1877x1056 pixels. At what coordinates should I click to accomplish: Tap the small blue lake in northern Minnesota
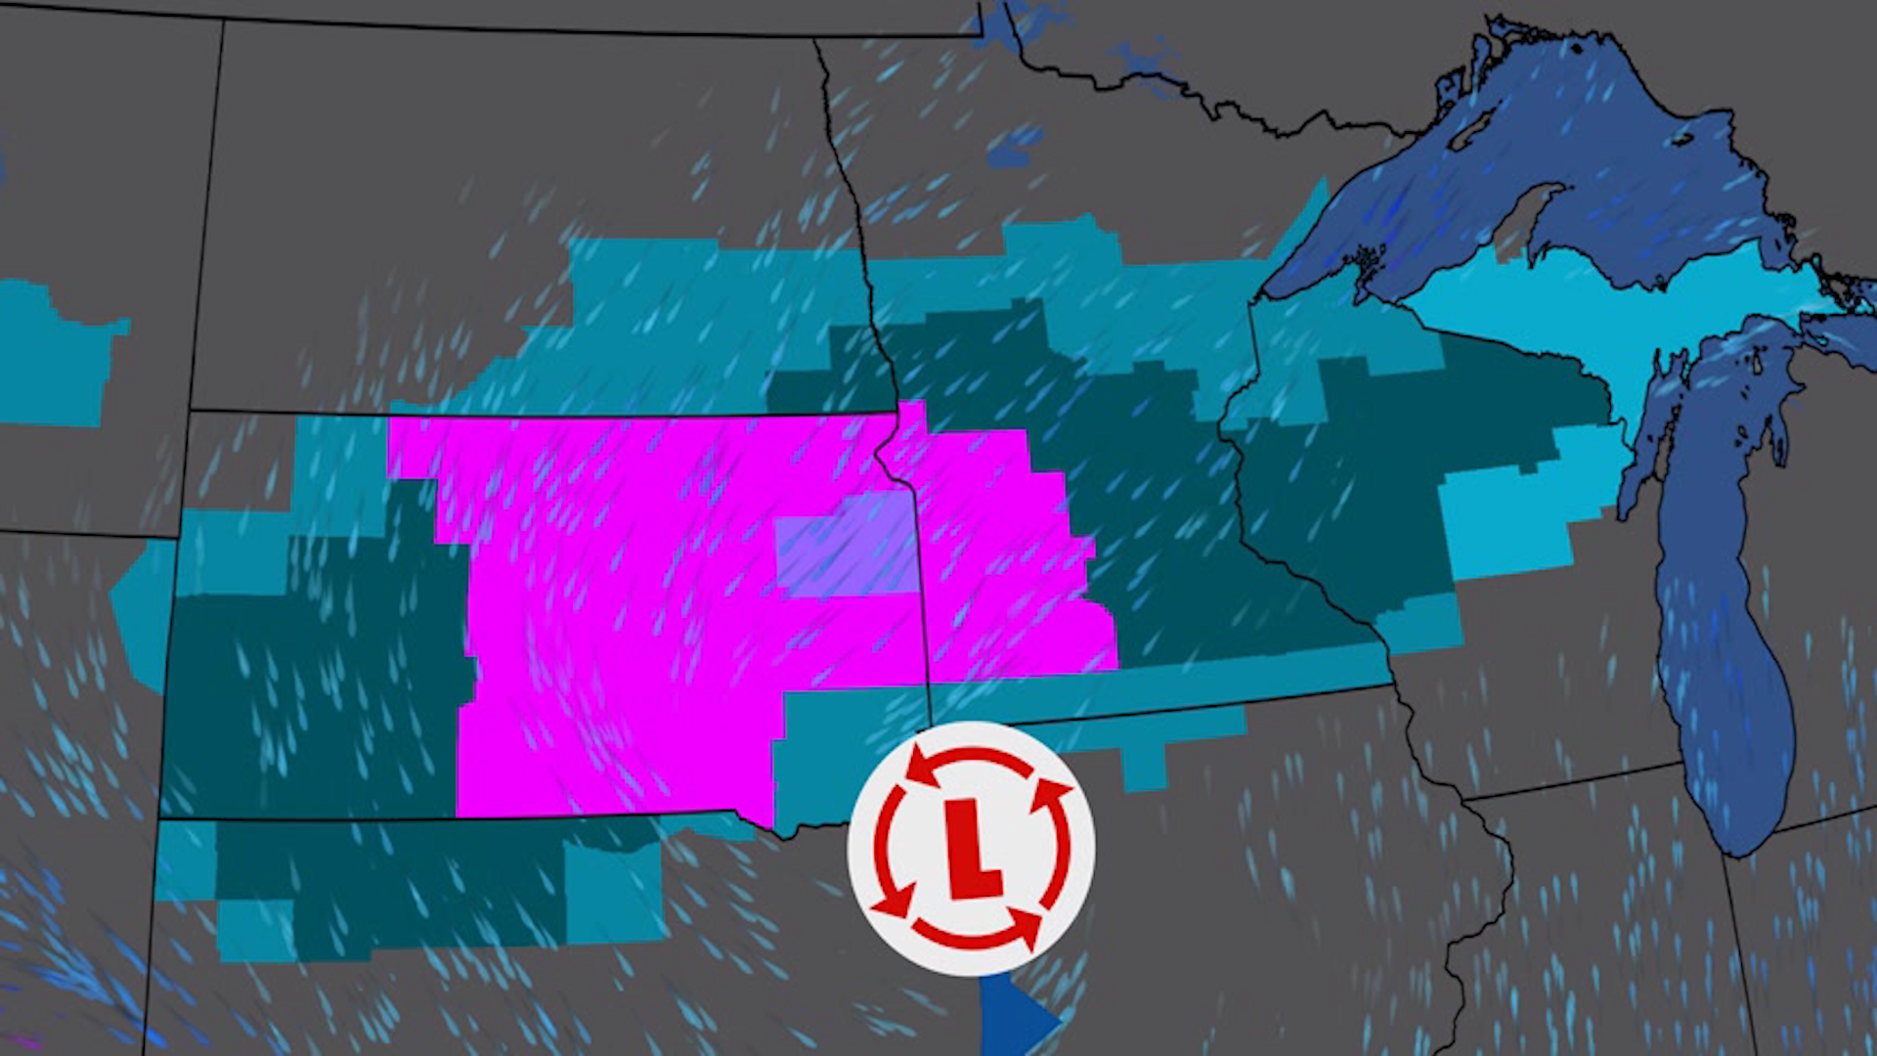[x=1017, y=147]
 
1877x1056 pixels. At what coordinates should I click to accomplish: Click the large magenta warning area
[x=626, y=606]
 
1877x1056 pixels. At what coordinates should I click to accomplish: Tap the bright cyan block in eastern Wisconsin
[x=1506, y=518]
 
